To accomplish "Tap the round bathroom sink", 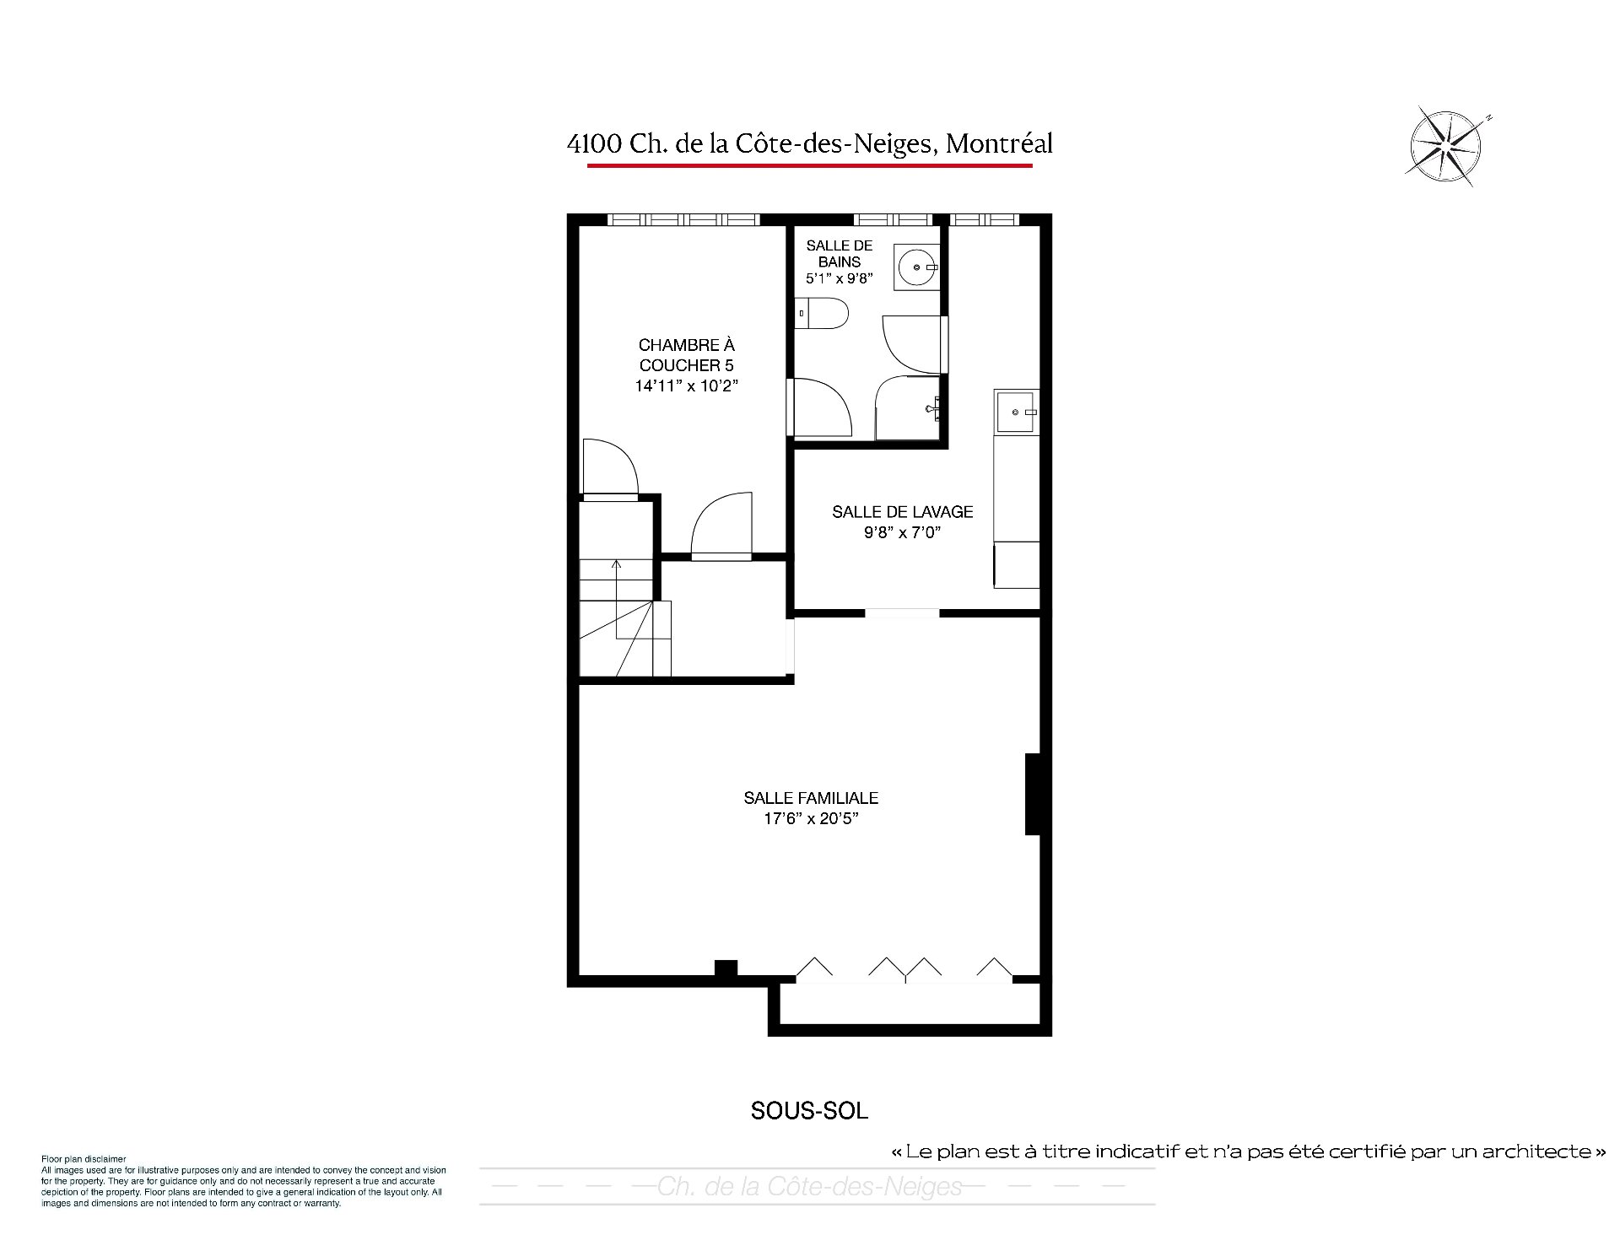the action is coord(915,267).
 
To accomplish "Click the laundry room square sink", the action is coord(1018,412).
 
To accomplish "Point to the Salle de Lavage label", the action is coord(902,512).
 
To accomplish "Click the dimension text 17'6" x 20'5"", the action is coord(811,818).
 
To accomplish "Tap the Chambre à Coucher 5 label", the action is coord(686,355).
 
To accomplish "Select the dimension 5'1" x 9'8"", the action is coord(839,278).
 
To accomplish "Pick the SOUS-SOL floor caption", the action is coord(809,1111).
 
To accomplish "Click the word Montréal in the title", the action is coord(999,144).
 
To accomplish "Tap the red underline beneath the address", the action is coord(809,165).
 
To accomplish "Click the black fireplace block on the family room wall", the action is coord(1033,794).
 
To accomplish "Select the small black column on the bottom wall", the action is coord(726,968).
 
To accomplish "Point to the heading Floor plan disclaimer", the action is coord(84,1159).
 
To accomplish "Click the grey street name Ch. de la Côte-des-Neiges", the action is coord(809,1187).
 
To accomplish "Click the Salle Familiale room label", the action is coord(811,798).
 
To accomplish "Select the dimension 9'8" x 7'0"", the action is coord(902,532).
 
